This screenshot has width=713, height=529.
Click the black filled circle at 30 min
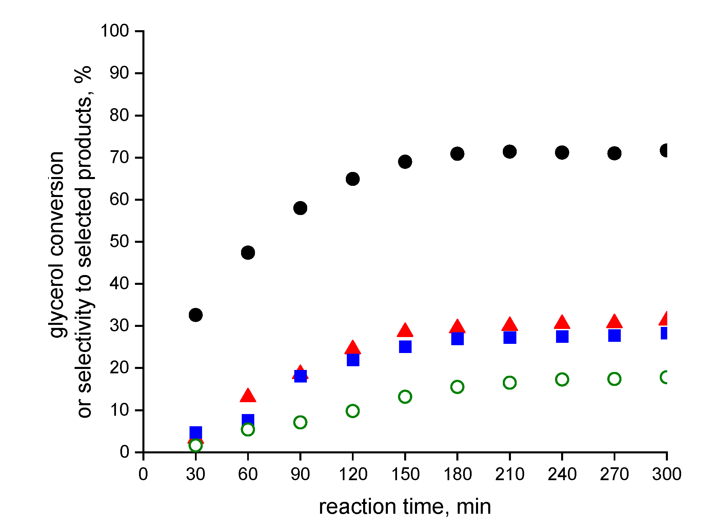click(196, 315)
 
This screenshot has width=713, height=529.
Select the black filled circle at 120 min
click(353, 179)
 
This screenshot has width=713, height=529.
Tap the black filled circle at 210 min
click(510, 151)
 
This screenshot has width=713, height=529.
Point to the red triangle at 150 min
click(405, 330)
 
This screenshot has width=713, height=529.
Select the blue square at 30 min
click(196, 433)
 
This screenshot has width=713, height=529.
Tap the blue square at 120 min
click(353, 360)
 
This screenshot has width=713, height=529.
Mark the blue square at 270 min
click(614, 335)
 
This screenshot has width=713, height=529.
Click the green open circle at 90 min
click(300, 422)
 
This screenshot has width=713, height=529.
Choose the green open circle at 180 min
click(457, 387)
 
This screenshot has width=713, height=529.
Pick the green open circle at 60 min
click(248, 430)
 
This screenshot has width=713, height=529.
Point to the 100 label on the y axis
click(115, 31)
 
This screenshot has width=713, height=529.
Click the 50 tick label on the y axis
click(119, 241)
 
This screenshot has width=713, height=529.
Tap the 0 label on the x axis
click(143, 474)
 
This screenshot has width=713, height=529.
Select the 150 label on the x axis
click(405, 474)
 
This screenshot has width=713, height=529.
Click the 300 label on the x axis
click(667, 474)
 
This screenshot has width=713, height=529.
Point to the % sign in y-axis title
click(83, 74)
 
